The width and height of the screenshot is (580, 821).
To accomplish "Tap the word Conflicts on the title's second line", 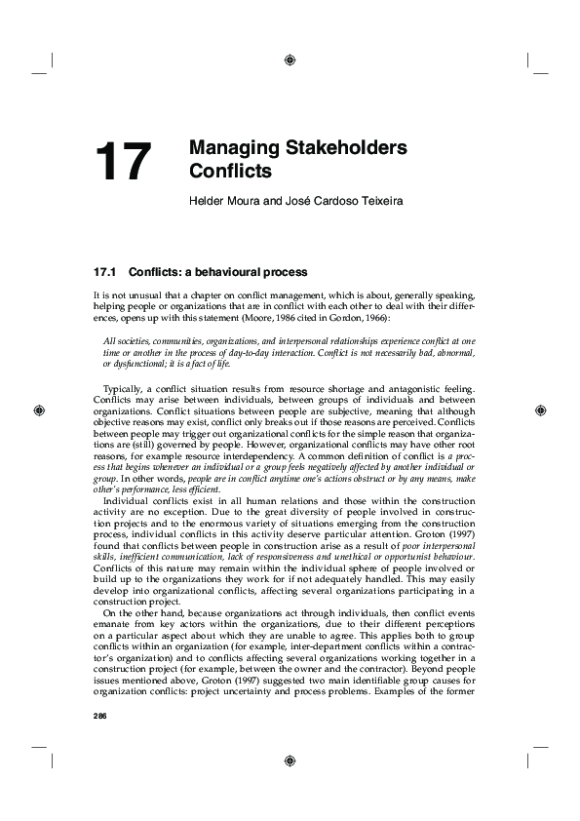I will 230,173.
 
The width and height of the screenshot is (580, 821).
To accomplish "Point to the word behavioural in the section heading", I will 225,270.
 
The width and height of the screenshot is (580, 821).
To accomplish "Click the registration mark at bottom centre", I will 290,762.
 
